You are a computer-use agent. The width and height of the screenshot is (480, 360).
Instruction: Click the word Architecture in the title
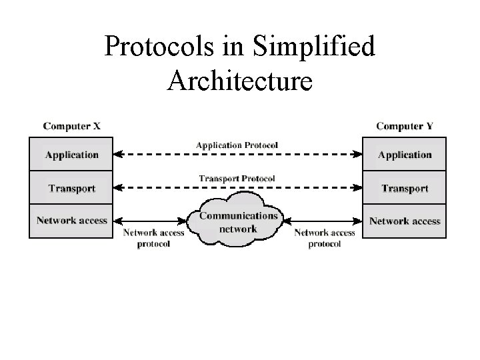[x=239, y=80]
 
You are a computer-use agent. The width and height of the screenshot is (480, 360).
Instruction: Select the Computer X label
[x=72, y=125]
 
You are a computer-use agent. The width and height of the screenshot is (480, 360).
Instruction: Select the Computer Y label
[x=405, y=125]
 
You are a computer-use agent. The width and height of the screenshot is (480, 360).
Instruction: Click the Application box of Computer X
[x=71, y=155]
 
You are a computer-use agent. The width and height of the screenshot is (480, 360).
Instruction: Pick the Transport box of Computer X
[x=71, y=189]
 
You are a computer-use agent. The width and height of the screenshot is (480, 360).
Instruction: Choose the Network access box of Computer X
[x=71, y=221]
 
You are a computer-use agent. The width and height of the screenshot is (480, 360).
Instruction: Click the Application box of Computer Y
[x=405, y=155]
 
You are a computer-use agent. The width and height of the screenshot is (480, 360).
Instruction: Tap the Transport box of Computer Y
[x=405, y=189]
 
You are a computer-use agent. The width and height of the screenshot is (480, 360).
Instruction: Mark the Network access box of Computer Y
[x=405, y=221]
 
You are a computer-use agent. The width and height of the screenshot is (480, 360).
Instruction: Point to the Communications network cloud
[x=239, y=221]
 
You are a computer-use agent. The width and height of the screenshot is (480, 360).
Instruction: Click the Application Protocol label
[x=237, y=145]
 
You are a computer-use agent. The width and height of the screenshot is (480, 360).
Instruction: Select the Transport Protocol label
[x=237, y=179]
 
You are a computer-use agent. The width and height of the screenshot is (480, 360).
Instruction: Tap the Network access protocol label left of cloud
[x=154, y=238]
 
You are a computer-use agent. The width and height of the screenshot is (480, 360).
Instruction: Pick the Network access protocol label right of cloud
[x=325, y=238]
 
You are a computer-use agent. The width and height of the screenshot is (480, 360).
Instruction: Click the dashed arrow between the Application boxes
[x=237, y=154]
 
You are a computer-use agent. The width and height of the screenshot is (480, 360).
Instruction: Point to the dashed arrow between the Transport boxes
[x=237, y=188]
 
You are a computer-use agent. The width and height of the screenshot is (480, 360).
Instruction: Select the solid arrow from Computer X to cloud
[x=149, y=221]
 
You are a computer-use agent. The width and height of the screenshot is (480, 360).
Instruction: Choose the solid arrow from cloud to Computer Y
[x=323, y=221]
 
